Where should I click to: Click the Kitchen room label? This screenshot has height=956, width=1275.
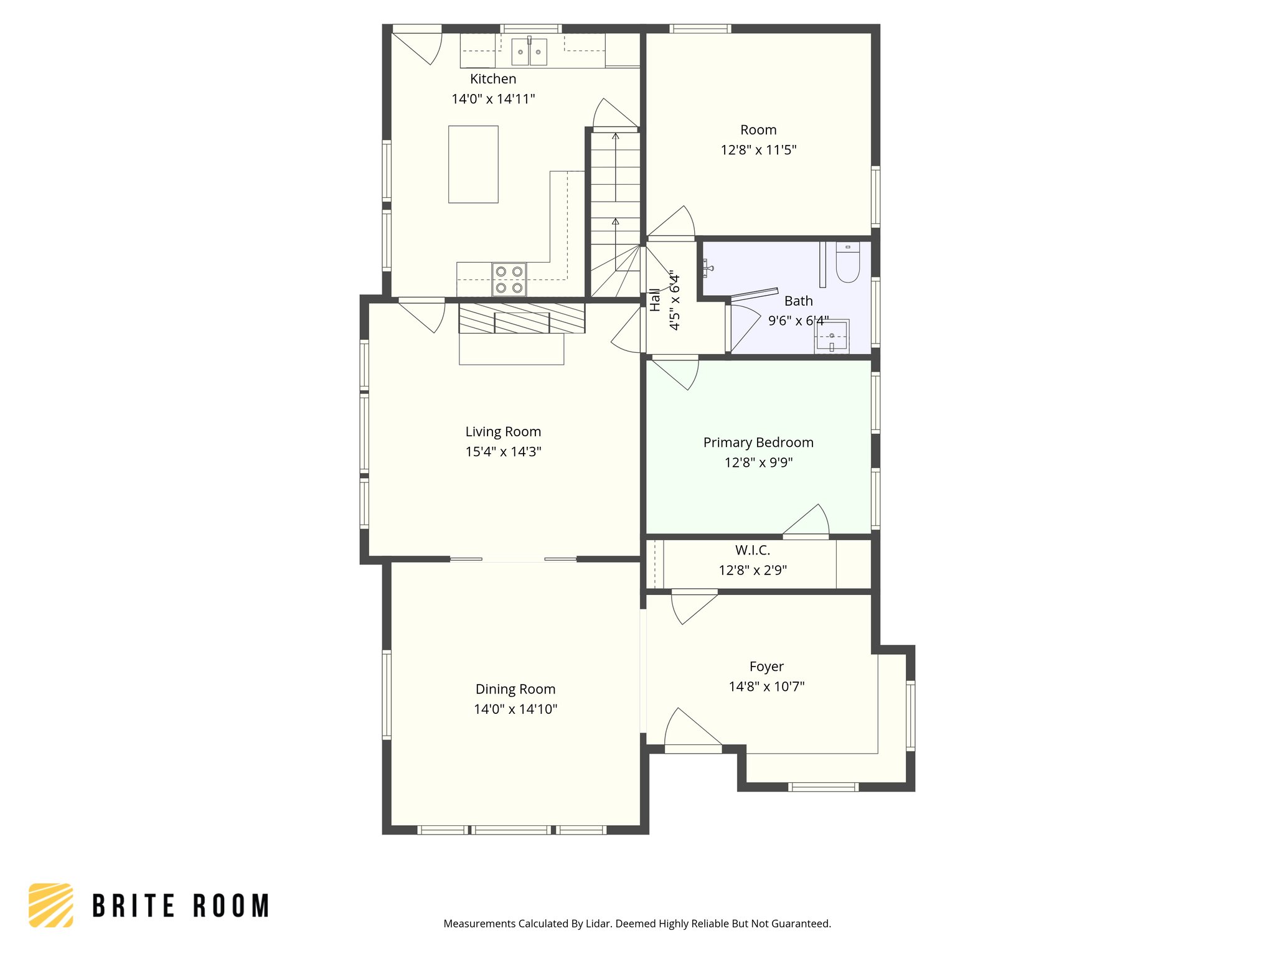(492, 79)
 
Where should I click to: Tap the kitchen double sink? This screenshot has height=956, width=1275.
(529, 52)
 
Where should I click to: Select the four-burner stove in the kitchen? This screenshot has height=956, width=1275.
(509, 279)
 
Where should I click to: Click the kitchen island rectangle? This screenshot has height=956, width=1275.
(473, 164)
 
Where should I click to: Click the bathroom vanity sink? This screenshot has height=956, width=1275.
(832, 337)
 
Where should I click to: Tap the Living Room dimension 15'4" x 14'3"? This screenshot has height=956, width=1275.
(503, 452)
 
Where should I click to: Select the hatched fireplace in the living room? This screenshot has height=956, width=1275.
(522, 318)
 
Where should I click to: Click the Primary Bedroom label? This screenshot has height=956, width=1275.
(758, 443)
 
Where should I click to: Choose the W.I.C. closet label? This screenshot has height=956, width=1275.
(752, 550)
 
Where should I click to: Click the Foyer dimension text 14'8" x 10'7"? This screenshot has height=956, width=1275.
(766, 687)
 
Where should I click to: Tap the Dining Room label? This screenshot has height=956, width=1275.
(515, 689)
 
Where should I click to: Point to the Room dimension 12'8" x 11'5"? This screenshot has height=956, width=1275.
(758, 150)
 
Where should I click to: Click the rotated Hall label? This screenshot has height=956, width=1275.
(655, 299)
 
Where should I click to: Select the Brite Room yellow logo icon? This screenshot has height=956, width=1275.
(51, 905)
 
